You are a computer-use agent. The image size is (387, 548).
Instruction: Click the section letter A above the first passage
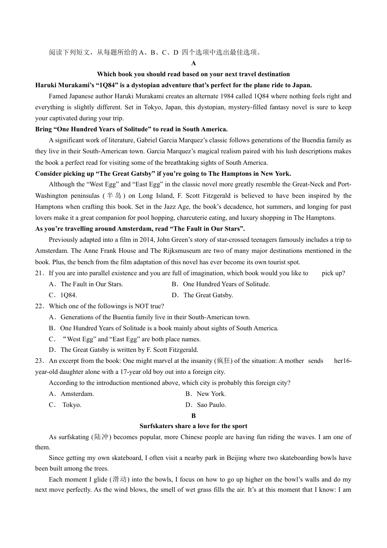click(x=193, y=63)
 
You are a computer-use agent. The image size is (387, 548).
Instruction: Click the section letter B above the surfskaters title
click(x=193, y=416)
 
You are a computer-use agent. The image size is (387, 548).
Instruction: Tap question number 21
click(x=39, y=273)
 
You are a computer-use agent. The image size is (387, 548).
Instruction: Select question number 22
click(x=39, y=306)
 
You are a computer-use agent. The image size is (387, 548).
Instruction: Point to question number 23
click(x=39, y=361)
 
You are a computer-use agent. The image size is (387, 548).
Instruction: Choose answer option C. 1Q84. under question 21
click(x=63, y=295)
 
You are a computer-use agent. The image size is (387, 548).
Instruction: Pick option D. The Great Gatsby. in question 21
click(x=202, y=295)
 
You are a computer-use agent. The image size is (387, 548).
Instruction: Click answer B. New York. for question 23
click(x=206, y=394)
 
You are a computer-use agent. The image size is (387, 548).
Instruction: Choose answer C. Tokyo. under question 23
click(x=66, y=405)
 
